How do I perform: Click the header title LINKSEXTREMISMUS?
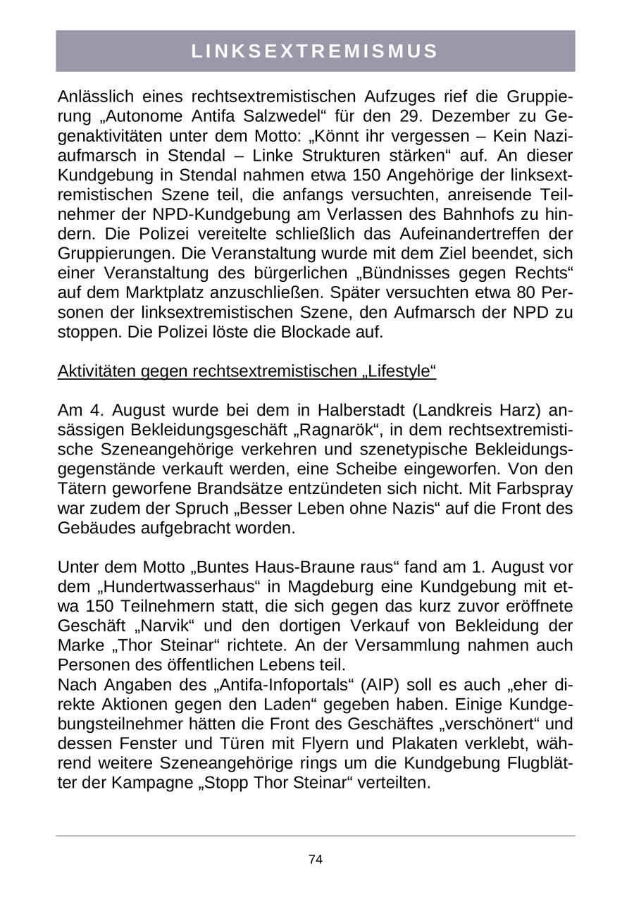tap(315, 51)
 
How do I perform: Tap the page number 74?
tap(316, 860)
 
